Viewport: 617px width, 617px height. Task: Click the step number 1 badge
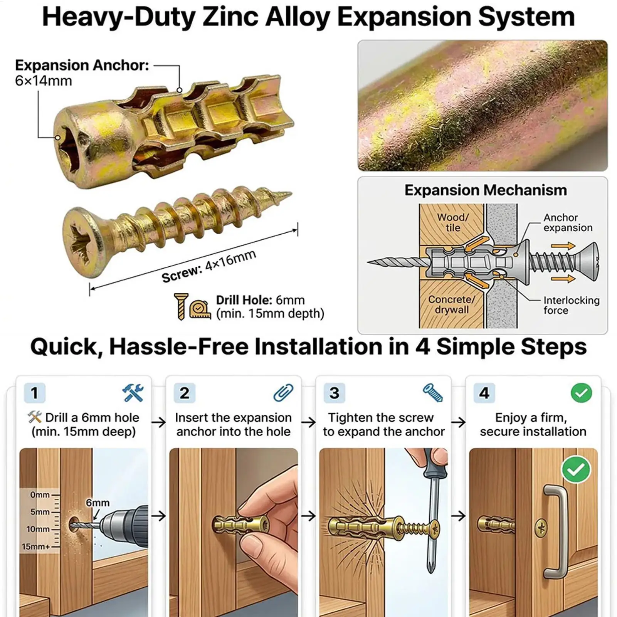(35, 393)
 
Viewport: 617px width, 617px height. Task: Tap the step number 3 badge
(335, 393)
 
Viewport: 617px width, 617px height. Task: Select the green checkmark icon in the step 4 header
(581, 393)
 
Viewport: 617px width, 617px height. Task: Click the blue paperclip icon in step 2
(283, 393)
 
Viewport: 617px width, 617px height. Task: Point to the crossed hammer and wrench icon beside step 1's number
(133, 393)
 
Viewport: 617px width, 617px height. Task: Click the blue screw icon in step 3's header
(433, 393)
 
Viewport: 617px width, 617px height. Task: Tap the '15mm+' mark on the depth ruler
(35, 546)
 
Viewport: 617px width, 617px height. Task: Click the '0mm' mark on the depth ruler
(40, 494)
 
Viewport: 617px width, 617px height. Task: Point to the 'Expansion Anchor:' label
(82, 66)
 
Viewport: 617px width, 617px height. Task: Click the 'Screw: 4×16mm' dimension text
(208, 266)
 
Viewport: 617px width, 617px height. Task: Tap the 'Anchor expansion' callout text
(568, 223)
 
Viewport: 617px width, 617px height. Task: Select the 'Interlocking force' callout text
(572, 305)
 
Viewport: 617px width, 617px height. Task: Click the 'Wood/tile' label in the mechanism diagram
(453, 223)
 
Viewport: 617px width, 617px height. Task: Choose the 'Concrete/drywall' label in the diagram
(452, 304)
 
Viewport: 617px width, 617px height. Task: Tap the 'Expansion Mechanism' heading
(486, 190)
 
